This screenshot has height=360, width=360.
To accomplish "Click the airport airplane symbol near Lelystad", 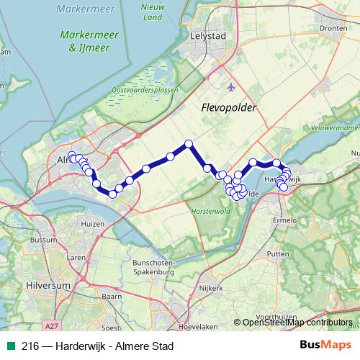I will click(230, 88).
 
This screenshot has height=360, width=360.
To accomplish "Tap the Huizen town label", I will click(94, 225).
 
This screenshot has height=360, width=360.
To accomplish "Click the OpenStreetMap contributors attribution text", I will click(297, 323).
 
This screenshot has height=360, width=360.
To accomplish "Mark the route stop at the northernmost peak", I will click(189, 143).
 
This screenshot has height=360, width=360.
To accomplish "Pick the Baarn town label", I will click(112, 296).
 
